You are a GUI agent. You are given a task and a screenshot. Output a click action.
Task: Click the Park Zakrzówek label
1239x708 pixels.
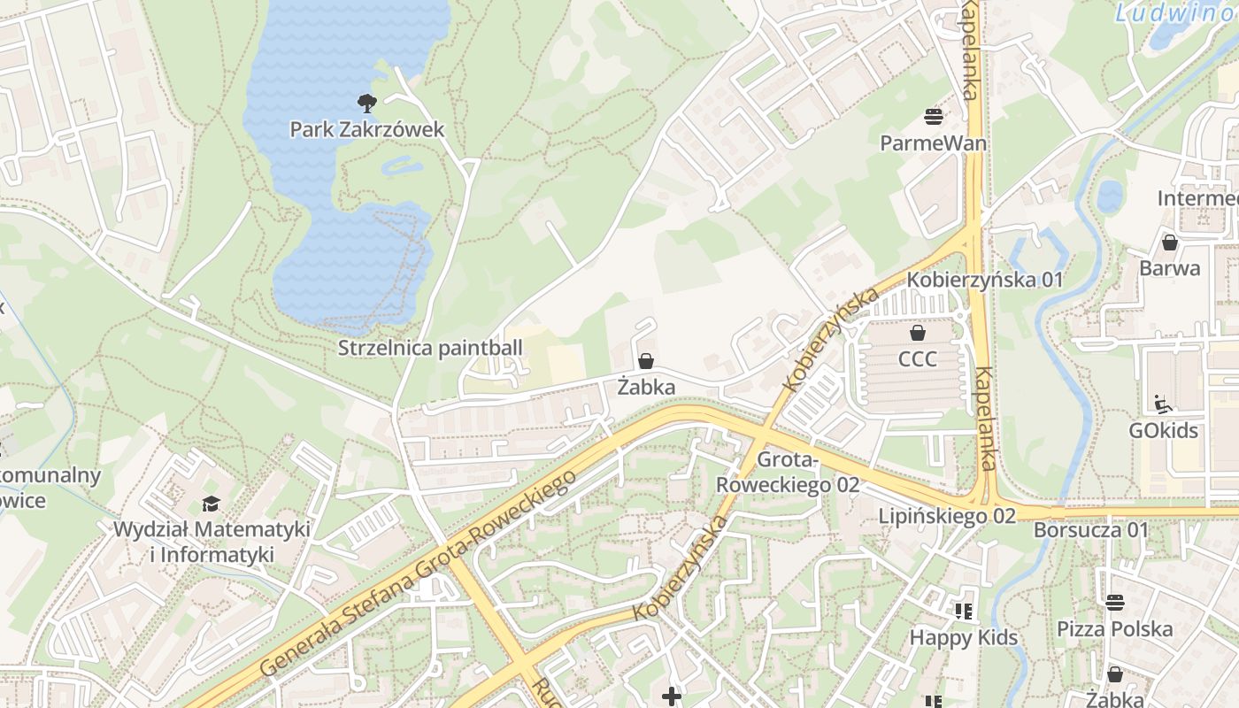coord(367,130)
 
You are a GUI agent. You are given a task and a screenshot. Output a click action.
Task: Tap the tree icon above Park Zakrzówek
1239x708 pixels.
coord(367,103)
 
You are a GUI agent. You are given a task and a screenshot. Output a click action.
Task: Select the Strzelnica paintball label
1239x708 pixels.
coord(430,348)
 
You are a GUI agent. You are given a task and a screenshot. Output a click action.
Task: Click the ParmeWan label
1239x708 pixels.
coord(934,142)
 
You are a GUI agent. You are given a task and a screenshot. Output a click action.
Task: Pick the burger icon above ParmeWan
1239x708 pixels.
coord(934,115)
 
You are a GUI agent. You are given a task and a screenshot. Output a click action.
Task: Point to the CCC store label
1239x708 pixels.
coord(918,359)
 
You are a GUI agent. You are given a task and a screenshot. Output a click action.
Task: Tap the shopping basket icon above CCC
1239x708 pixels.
coord(918,333)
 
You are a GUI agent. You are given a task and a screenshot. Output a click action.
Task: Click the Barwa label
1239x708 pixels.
coord(1170,268)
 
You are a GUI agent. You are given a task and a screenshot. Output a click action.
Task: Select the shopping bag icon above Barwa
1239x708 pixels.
coord(1170,242)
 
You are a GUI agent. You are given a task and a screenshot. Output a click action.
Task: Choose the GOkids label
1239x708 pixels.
coord(1163,431)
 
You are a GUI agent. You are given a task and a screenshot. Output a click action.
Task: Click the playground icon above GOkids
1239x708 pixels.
coord(1163,404)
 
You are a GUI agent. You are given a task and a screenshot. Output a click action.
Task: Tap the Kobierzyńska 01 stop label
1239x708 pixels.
coord(985,280)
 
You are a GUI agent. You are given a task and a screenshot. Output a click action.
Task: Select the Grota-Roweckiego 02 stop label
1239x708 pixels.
coord(788,473)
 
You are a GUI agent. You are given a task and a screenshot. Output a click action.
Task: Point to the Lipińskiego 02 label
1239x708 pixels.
coord(947,516)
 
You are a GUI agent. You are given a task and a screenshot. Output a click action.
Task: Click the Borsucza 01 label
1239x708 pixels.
coord(1091,530)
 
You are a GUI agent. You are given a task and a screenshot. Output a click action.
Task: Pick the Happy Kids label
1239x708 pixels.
coord(964,637)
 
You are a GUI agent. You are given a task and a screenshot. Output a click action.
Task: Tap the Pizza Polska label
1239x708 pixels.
coord(1115,629)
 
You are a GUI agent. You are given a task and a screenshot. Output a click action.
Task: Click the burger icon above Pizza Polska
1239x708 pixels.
coord(1115,603)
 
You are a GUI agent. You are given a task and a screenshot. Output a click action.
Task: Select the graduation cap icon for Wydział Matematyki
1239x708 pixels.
coord(211,504)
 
